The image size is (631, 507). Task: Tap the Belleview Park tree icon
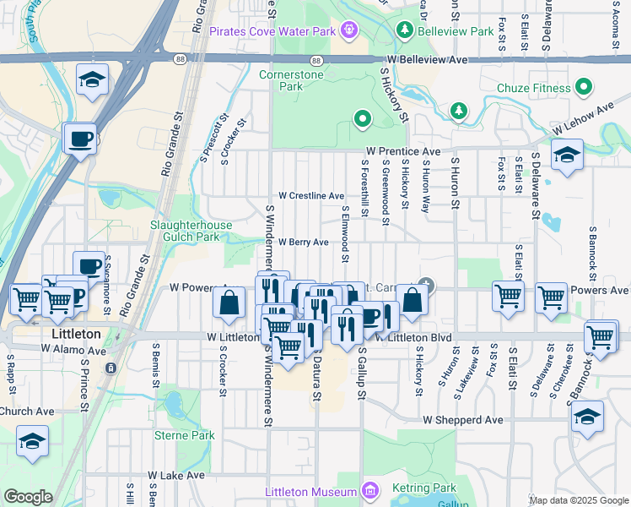[x=405, y=31]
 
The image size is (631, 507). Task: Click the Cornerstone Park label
[x=280, y=80]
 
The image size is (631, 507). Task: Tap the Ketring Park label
[x=423, y=488]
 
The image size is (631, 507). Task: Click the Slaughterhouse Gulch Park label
[x=190, y=231]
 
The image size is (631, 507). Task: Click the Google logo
[x=28, y=497]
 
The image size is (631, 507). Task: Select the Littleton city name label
[x=71, y=334]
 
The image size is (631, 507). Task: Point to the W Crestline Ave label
[x=311, y=195]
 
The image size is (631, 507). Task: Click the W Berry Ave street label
[x=303, y=242]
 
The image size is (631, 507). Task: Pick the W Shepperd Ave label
[x=463, y=419]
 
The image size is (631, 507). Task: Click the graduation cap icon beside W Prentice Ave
[x=567, y=155]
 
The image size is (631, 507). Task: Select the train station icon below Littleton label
[x=111, y=368]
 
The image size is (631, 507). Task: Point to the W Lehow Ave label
[x=583, y=119]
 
